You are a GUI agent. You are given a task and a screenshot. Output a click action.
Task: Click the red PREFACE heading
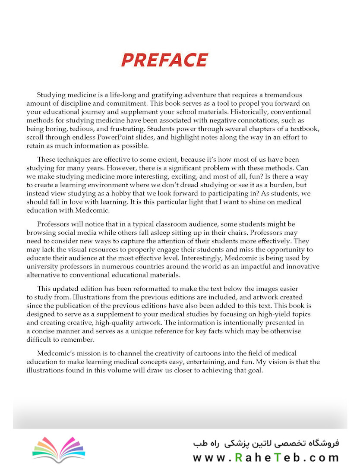coord(164,60)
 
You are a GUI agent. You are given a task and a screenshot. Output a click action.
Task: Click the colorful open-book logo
coord(59,447)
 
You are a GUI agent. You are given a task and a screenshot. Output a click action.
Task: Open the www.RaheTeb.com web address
coord(265,457)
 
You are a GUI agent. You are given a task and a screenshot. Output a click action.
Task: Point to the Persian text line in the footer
coord(266,443)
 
